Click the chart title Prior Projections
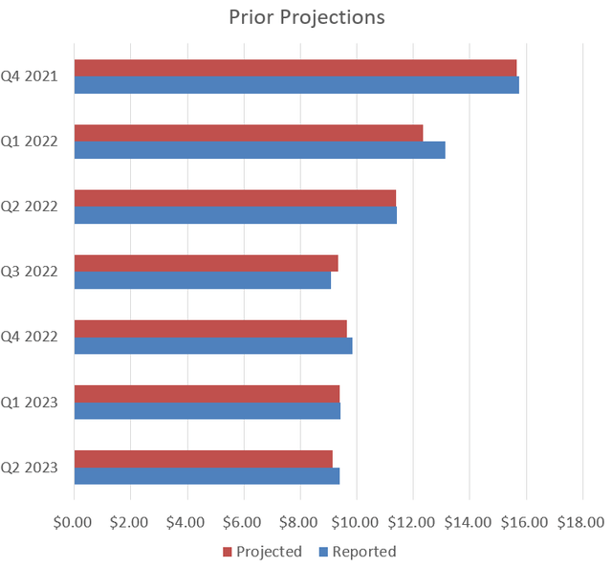pos(307,18)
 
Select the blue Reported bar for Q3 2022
pos(203,280)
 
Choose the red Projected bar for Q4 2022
pos(210,328)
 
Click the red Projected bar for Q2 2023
pos(203,458)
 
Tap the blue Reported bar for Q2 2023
pos(207,475)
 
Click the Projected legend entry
pos(262,552)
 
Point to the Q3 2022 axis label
pos(30,272)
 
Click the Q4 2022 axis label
pos(30,337)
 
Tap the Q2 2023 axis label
pos(30,467)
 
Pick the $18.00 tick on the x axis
pos(581,522)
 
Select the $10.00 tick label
pos(356,522)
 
